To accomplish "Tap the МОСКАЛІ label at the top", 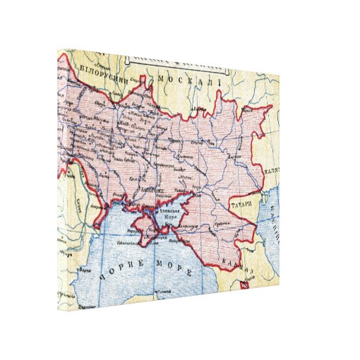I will pos(189,79).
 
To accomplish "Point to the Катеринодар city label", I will pos(200,228).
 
